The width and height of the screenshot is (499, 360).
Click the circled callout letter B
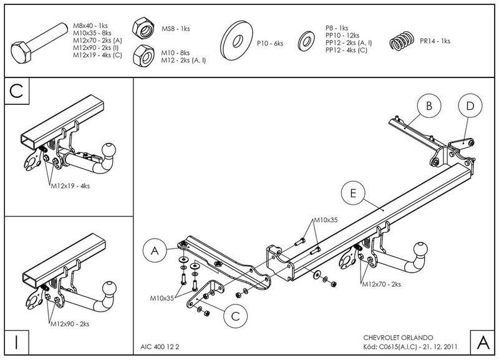(x=429, y=106)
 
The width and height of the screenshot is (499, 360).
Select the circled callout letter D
(x=470, y=106)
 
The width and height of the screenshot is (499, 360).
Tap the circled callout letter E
(x=353, y=195)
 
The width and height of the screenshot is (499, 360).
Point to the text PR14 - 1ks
(x=435, y=41)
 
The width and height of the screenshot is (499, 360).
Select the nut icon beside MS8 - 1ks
(x=143, y=28)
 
